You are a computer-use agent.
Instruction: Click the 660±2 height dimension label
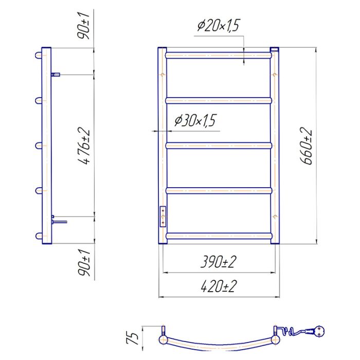[306, 146]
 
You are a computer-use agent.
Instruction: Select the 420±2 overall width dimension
[219, 286]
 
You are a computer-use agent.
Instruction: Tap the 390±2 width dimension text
[219, 262]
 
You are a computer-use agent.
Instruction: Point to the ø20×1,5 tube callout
[219, 25]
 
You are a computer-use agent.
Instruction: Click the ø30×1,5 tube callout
[195, 120]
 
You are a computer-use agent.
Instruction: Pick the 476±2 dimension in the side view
[84, 146]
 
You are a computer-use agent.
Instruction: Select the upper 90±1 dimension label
[83, 26]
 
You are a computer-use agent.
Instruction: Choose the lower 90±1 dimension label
[84, 263]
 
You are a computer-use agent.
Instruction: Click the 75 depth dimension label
[133, 338]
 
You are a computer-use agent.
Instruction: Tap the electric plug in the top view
[317, 331]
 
